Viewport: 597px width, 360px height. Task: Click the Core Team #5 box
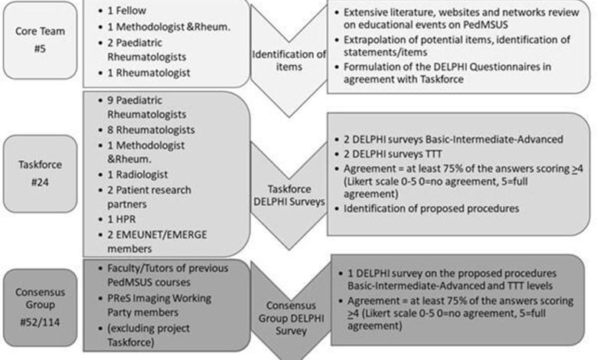coord(40,40)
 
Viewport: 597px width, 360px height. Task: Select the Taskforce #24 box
coord(40,173)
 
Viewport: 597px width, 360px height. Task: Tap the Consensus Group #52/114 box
coord(40,307)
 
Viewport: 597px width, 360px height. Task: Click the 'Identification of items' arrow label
coord(289,61)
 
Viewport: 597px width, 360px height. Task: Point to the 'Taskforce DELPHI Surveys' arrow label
coord(289,195)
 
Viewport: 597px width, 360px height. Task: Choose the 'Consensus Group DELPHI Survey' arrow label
coord(291,318)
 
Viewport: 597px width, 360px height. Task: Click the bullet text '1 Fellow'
coord(127,11)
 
